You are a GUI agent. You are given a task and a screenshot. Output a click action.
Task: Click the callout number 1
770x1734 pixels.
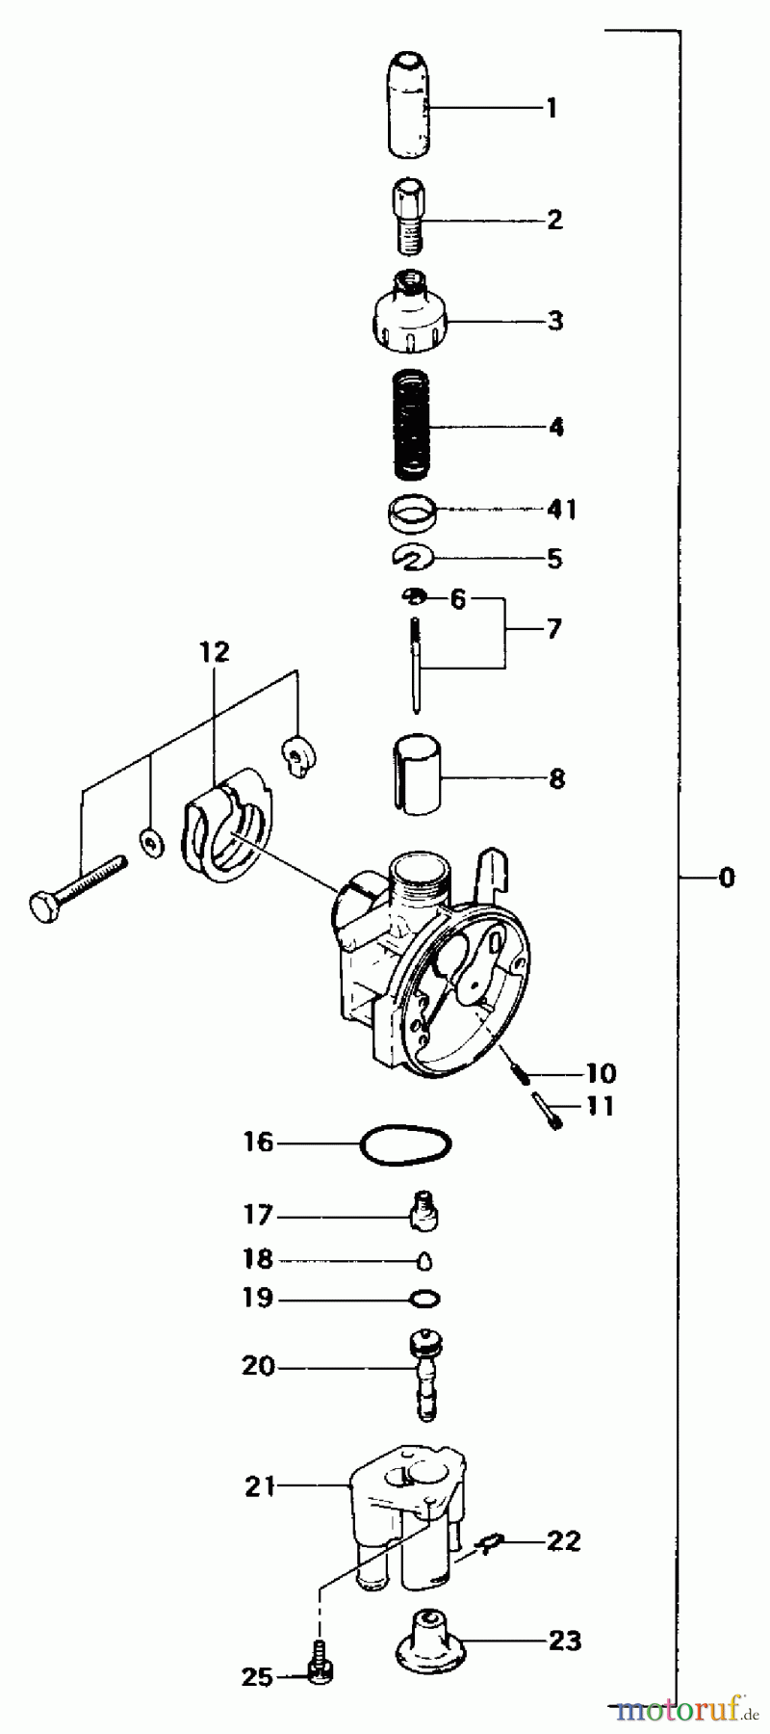tap(552, 108)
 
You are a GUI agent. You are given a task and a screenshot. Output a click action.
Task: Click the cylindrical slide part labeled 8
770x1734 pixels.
tap(416, 776)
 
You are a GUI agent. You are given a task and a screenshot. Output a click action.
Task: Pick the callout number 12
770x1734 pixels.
tap(216, 652)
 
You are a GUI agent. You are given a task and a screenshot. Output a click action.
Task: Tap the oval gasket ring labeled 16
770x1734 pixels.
tap(404, 1144)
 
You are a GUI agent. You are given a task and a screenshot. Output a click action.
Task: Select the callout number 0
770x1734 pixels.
tap(726, 878)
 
